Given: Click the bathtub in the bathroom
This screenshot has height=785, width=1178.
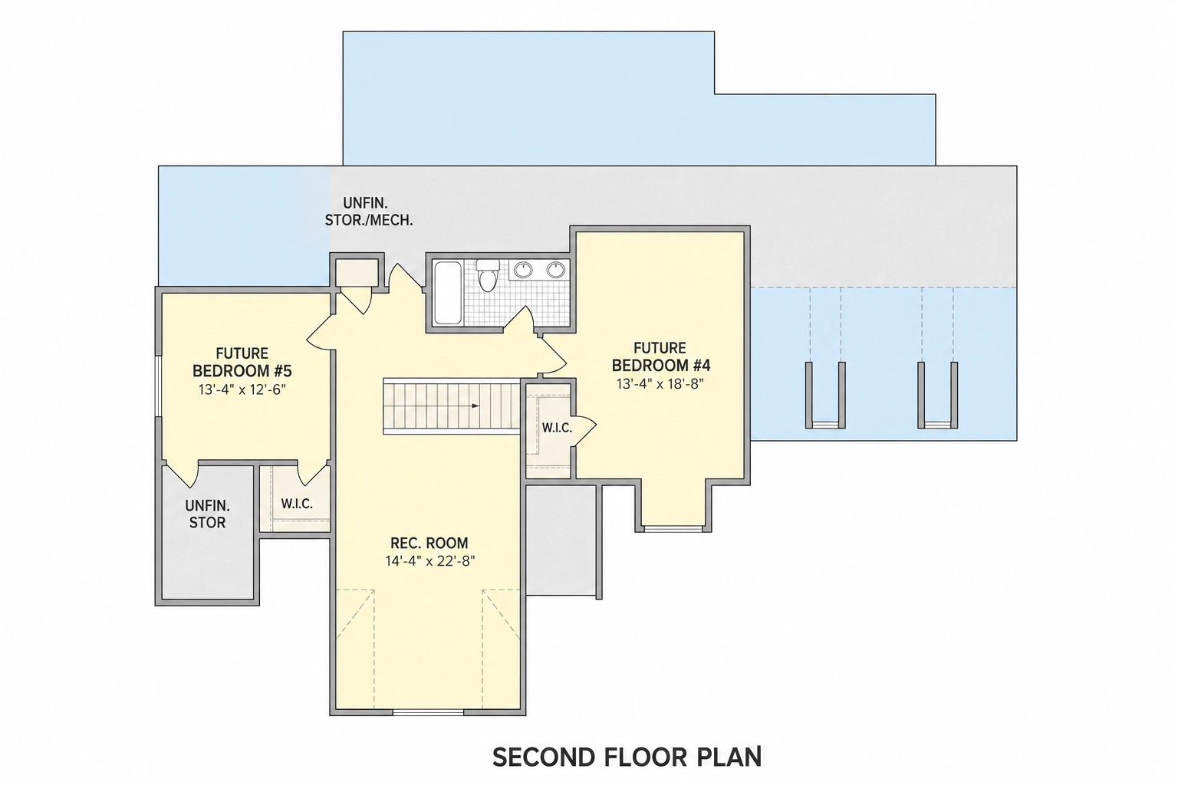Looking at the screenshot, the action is click(448, 293).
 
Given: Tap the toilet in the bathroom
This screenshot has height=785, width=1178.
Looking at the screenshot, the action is click(488, 274).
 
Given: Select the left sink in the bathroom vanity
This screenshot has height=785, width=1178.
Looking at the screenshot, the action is click(523, 270).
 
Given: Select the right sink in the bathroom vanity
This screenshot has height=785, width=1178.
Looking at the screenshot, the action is click(556, 270).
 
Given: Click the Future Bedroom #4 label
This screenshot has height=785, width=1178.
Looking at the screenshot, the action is click(661, 356).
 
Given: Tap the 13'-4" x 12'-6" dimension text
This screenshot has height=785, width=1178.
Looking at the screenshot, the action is click(242, 389).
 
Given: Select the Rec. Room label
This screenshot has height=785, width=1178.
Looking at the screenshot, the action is click(429, 543).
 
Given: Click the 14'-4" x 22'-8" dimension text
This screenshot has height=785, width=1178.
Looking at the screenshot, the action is click(430, 561).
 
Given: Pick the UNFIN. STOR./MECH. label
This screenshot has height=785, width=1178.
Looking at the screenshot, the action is click(369, 212).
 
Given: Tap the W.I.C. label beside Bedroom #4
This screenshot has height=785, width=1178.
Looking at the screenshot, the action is click(557, 428).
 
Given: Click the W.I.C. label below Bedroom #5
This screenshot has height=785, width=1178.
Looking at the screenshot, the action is click(297, 504).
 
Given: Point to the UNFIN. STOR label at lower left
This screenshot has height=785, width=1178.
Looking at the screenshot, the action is click(207, 514).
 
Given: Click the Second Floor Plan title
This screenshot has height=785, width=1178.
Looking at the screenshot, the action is click(627, 757).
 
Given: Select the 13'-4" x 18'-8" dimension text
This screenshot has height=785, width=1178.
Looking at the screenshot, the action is click(660, 384).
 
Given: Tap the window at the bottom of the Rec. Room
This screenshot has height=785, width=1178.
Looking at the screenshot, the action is click(428, 712).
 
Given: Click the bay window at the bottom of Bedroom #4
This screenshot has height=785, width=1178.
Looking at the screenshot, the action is click(673, 528).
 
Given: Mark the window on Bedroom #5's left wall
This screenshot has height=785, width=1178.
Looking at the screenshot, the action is click(157, 386).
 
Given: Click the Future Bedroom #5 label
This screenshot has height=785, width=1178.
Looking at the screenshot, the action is click(242, 362).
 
